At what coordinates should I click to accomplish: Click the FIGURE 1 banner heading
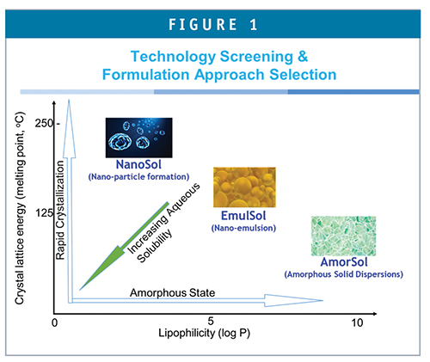pos(212,24)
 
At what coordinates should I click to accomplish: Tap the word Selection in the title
pos(303,75)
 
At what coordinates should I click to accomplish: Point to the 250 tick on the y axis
pos(44,124)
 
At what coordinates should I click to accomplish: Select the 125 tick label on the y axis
pos(44,213)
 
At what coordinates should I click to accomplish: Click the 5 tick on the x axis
pos(211,321)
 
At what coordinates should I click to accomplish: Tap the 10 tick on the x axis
pos(357,322)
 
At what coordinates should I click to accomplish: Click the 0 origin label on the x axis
pos(54,322)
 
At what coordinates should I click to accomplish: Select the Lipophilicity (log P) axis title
pos(204,334)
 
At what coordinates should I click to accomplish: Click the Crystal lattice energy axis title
pos(20,208)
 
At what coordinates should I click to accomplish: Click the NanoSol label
pos(138,165)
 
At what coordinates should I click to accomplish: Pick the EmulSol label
pos(243,216)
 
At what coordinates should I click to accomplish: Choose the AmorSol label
pos(344,262)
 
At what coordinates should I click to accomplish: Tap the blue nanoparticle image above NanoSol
pos(139,138)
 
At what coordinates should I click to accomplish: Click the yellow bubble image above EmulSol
pos(244,187)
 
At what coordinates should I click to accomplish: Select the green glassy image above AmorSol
pos(343,236)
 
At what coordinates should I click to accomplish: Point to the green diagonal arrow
pos(124,246)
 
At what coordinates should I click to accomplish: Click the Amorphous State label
pos(173,292)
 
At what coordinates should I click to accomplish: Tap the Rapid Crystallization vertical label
pos(60,210)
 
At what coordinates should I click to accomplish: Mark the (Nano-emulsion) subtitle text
pos(243,228)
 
